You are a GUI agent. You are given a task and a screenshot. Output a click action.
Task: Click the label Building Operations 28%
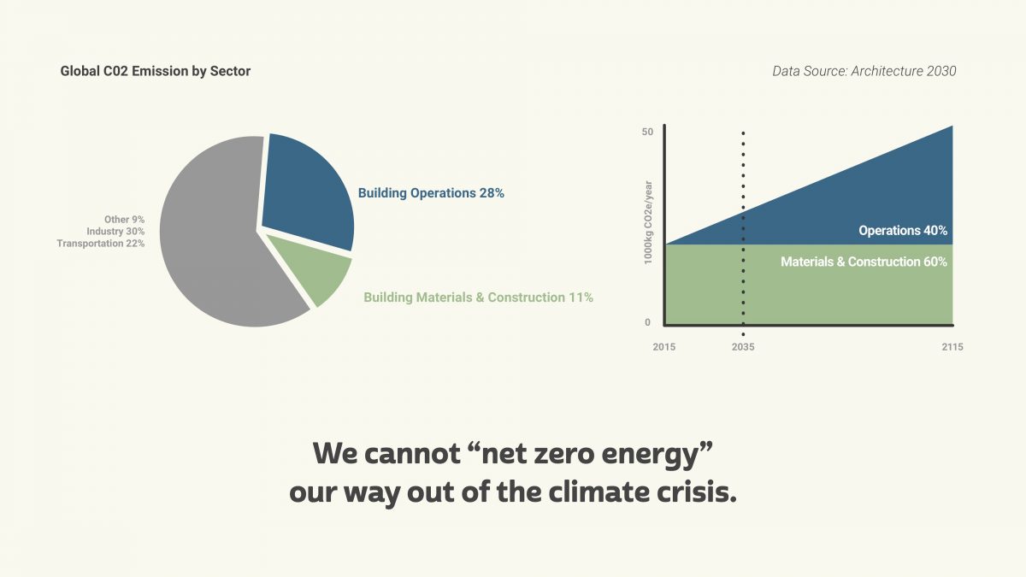431,193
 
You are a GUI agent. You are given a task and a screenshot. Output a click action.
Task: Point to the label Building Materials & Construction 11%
478,297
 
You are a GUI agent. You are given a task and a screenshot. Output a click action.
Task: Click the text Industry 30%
115,232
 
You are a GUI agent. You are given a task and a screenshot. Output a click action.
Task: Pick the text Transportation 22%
101,244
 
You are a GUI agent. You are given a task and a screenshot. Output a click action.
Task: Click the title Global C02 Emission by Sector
156,71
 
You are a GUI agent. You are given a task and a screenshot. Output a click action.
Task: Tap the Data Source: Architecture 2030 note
864,71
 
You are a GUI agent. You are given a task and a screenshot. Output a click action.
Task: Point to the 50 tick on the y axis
647,132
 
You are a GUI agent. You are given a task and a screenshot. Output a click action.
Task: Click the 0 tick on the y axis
647,322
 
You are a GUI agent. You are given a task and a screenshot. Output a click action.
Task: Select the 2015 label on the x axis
664,347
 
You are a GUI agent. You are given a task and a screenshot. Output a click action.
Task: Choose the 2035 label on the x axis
743,347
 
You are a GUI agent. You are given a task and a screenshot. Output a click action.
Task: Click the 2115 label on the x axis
951,347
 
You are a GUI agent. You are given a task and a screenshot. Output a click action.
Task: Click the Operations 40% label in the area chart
902,231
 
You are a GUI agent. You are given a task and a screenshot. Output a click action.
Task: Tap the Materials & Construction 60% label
864,262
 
